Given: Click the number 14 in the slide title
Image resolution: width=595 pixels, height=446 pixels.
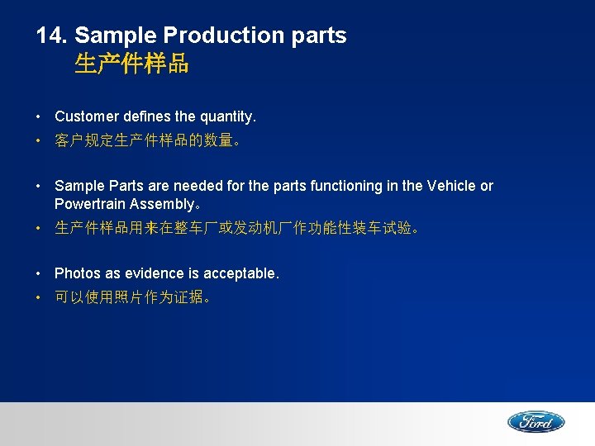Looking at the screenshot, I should coord(51,36).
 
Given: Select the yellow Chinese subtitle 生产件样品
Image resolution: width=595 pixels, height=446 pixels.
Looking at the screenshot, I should coord(131,64).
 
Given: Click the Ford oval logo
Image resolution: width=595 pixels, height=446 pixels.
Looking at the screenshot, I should coord(535,422).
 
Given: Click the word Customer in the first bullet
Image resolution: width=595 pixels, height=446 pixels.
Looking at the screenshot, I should coord(86,116).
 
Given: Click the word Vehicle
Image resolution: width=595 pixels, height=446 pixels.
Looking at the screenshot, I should coord(453,186).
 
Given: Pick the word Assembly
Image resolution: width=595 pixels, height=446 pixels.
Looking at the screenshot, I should coord(161,203).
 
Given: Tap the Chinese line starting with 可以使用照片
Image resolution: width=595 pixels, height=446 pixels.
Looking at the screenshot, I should coord(132,297).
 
